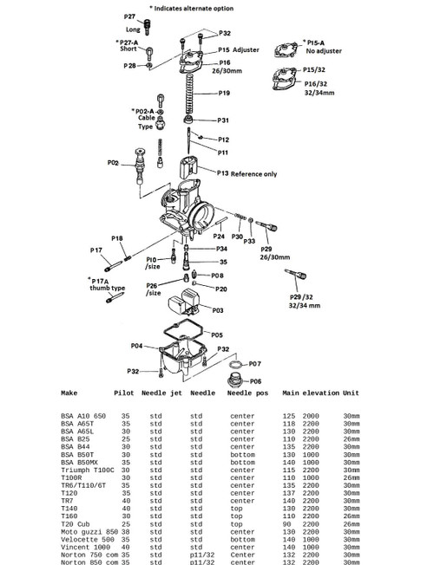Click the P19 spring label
(224, 93)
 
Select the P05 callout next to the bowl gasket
(217, 334)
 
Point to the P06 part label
(256, 380)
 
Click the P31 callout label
(223, 120)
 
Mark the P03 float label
(217, 309)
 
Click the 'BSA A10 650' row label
(83, 416)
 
